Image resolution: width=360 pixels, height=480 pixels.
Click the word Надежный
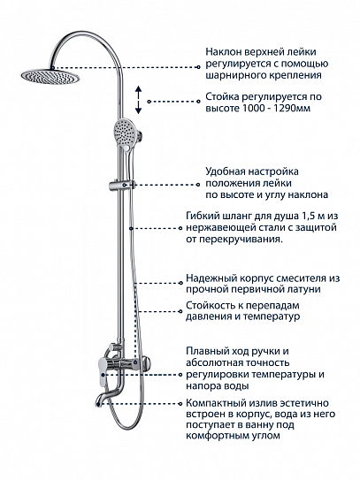tap(212, 277)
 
